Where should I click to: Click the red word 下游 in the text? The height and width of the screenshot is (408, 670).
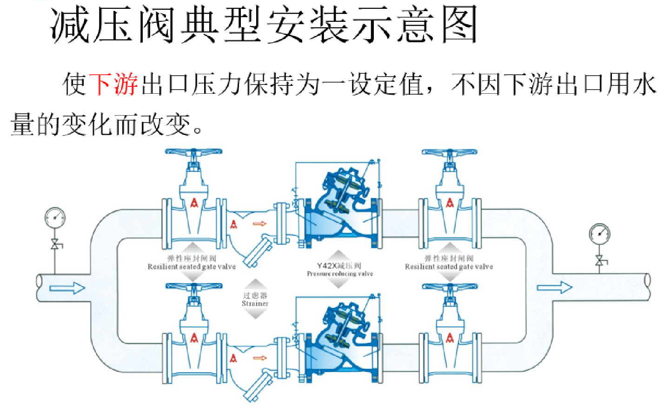click(114, 84)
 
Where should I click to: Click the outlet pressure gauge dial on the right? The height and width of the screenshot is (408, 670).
click(599, 234)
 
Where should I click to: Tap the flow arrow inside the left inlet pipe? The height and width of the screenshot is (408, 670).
click(67, 288)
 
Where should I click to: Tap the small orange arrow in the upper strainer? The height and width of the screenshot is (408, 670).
click(259, 224)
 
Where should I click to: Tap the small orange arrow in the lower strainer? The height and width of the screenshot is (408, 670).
click(259, 358)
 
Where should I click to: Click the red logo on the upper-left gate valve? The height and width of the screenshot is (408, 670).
click(194, 203)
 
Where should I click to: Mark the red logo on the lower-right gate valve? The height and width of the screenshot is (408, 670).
click(450, 338)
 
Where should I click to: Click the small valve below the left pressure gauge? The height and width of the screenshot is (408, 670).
click(55, 245)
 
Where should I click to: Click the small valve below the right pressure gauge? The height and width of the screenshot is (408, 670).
click(599, 261)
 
